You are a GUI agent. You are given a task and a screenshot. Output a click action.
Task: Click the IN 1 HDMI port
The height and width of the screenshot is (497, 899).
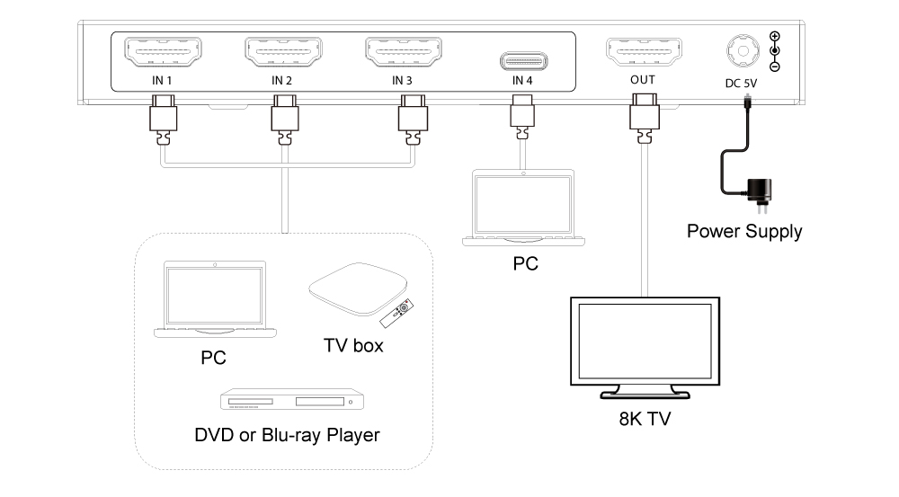click(x=162, y=52)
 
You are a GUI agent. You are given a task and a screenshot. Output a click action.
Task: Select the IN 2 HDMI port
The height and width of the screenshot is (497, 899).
click(x=282, y=52)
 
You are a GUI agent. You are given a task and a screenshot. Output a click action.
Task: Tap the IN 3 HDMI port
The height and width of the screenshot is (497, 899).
click(x=403, y=52)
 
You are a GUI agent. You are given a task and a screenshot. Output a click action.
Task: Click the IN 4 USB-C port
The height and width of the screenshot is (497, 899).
click(x=523, y=61)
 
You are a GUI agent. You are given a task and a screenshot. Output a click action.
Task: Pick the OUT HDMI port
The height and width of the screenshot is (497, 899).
click(x=643, y=52)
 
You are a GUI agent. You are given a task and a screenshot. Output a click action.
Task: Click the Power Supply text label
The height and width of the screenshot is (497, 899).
click(x=744, y=231)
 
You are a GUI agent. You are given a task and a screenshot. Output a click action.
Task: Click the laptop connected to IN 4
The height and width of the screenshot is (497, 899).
click(x=522, y=208)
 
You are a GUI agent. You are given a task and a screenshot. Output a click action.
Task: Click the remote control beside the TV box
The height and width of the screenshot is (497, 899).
click(x=397, y=310)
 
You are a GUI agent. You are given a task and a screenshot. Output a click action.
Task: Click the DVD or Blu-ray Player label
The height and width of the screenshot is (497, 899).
click(x=287, y=435)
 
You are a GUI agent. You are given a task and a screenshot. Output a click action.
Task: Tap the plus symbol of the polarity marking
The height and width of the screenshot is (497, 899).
click(x=775, y=37)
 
